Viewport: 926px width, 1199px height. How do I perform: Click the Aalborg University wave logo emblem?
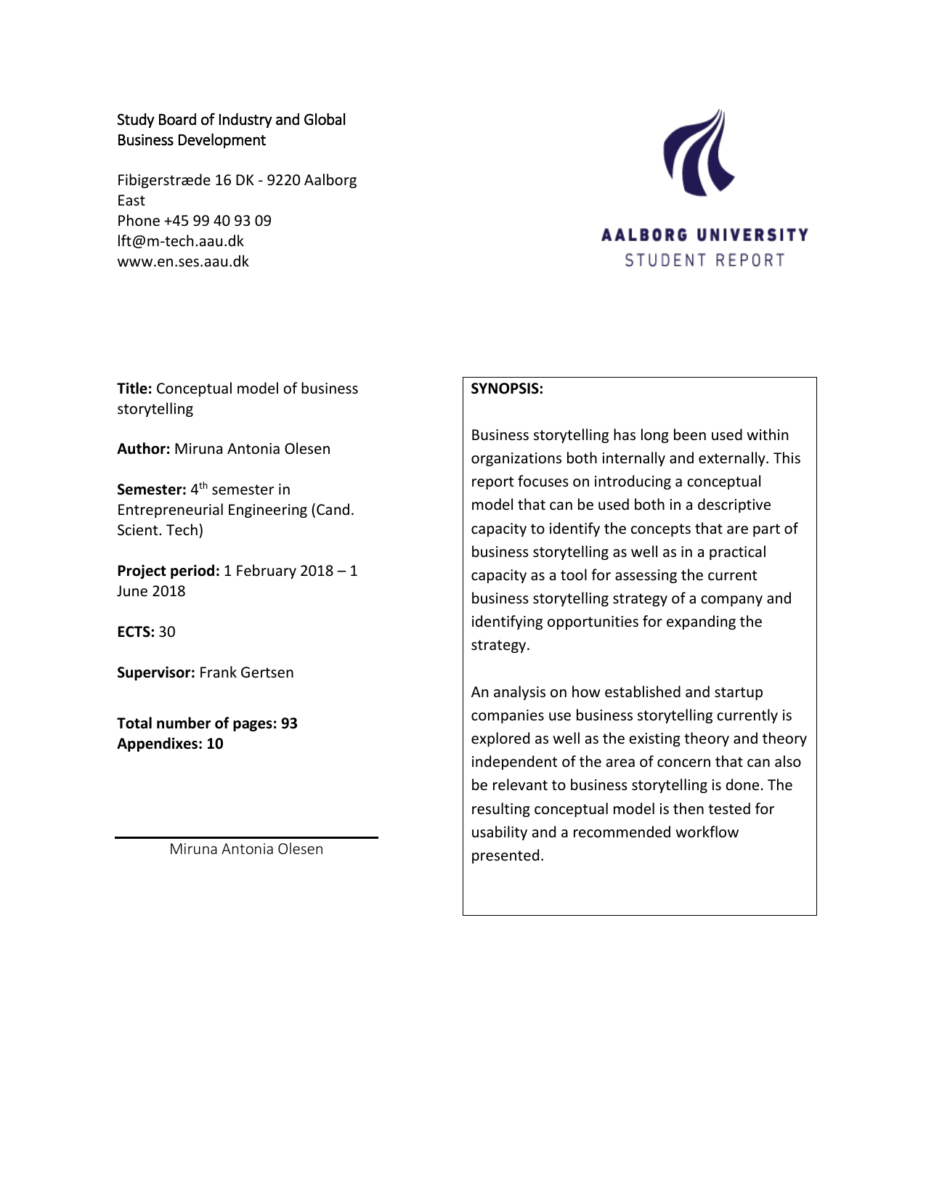[698, 153]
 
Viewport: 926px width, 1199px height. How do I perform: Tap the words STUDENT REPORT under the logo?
[704, 260]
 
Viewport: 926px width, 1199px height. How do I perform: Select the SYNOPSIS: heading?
[507, 389]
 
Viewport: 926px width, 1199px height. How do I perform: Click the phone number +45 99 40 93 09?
[217, 221]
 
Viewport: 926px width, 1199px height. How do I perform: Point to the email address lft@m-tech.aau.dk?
[180, 241]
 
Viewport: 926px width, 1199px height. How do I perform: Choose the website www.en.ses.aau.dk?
[183, 261]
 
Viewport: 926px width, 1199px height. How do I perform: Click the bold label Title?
[134, 389]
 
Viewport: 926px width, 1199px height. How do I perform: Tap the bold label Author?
[143, 449]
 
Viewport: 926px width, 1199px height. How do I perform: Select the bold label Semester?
[151, 489]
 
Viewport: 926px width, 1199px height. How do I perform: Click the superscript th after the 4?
[203, 485]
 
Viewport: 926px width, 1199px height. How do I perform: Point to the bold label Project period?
[168, 571]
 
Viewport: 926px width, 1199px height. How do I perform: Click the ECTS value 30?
[167, 632]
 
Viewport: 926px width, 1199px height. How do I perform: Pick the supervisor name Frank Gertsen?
[246, 672]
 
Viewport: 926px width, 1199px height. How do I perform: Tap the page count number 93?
[289, 723]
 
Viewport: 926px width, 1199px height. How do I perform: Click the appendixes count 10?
[215, 744]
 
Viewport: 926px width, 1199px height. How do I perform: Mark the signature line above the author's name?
[246, 837]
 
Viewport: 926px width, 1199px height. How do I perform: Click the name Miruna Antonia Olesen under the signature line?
[246, 849]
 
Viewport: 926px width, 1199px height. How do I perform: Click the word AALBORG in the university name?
[644, 235]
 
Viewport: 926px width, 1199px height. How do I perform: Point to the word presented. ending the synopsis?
[507, 855]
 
